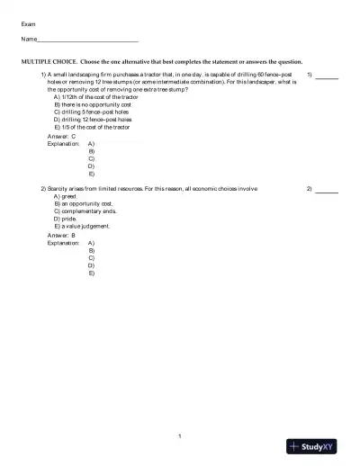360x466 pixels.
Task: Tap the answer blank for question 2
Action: click(x=327, y=193)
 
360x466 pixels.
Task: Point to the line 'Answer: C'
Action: click(x=61, y=136)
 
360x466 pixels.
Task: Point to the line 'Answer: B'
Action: click(x=61, y=236)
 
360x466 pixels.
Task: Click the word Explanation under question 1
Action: click(x=63, y=144)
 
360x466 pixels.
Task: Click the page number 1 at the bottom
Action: click(x=180, y=437)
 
